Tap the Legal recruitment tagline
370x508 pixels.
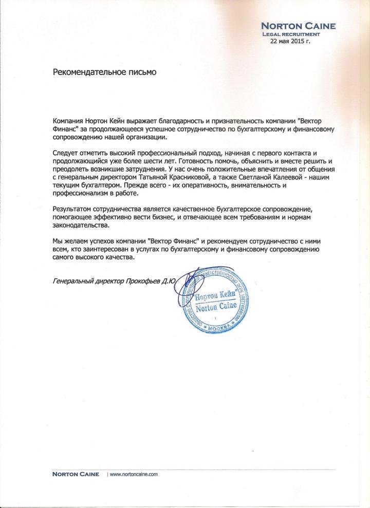tap(291, 34)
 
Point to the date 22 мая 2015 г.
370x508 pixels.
tap(290, 41)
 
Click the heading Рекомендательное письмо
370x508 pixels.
tap(104, 72)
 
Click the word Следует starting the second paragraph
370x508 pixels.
tap(66, 154)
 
